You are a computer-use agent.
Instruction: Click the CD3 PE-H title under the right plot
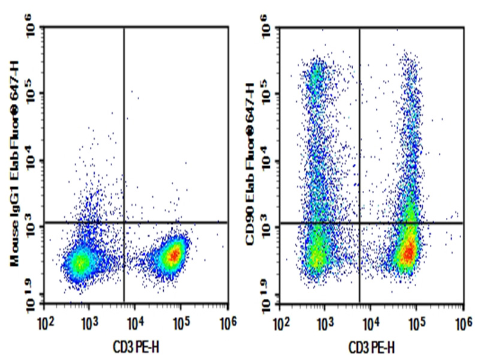tap(372, 346)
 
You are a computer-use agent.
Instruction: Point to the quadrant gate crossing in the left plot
tap(124, 222)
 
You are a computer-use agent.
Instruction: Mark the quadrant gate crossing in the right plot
tap(360, 223)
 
